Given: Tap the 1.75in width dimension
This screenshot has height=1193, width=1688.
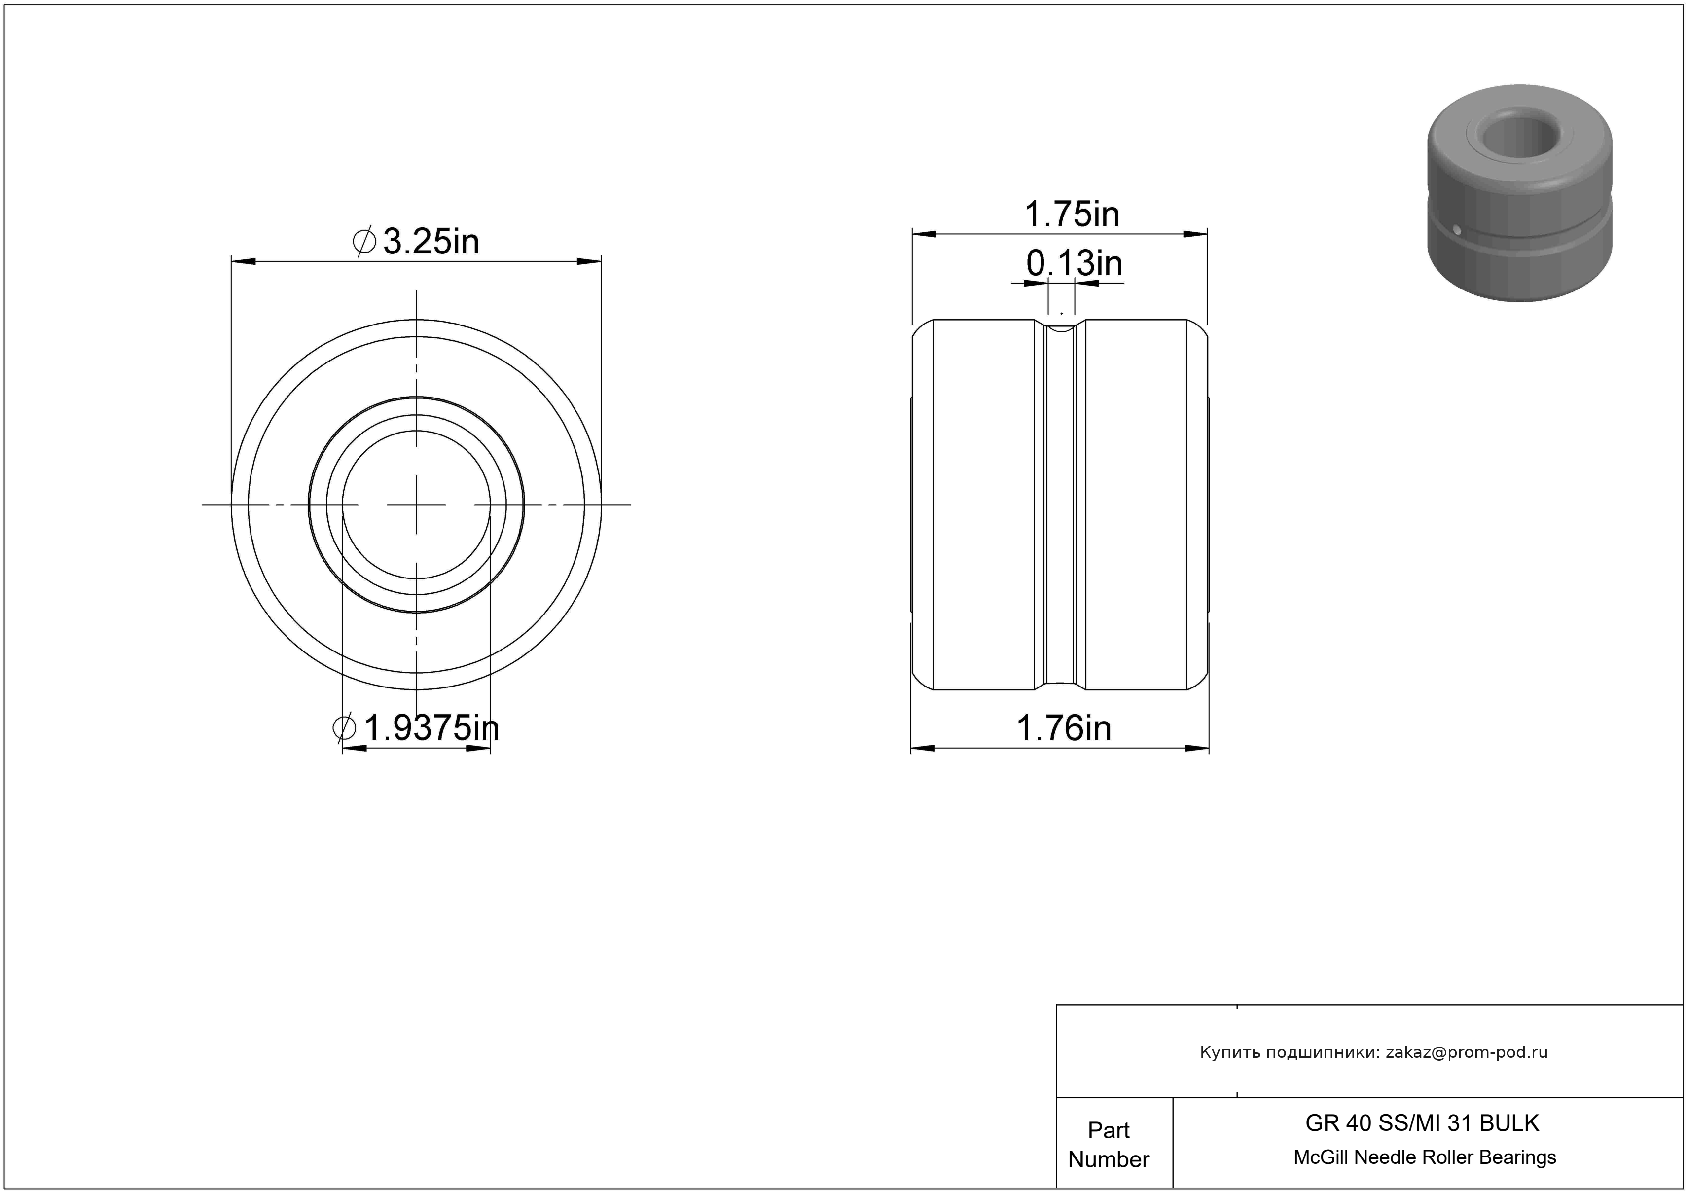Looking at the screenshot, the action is point(1072,214).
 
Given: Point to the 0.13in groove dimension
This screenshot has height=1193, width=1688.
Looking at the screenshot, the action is point(1074,263).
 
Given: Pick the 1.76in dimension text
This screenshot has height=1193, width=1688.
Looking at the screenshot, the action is point(1064,728).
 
